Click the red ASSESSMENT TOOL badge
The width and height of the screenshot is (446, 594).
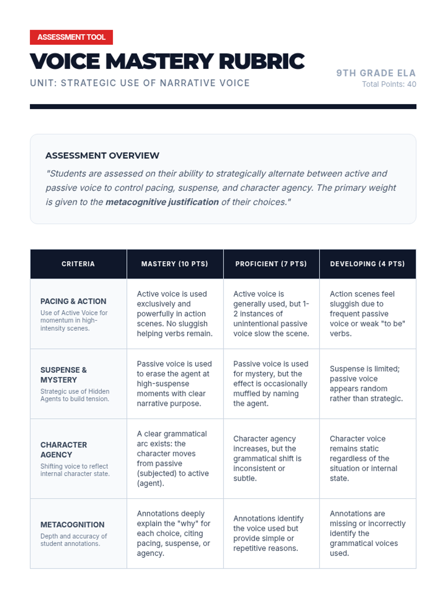click(71, 37)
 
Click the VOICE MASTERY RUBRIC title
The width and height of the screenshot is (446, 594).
click(167, 61)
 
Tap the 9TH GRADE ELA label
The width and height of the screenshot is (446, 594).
click(376, 73)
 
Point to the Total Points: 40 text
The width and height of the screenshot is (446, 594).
click(389, 84)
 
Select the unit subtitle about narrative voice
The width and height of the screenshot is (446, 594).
click(140, 83)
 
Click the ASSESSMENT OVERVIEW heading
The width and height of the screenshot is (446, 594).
click(102, 156)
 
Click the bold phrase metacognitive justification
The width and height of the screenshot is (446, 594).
click(162, 202)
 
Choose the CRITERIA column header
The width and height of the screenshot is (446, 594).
click(78, 264)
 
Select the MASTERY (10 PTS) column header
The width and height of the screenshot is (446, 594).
click(175, 264)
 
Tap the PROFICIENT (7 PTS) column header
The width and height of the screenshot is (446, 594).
click(271, 264)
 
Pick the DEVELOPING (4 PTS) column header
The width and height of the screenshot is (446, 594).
click(367, 264)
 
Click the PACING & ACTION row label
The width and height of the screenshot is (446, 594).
click(73, 301)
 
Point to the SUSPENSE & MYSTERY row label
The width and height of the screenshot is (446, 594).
click(64, 375)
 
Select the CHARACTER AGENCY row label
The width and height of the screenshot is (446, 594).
click(64, 450)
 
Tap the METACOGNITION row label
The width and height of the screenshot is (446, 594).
click(72, 525)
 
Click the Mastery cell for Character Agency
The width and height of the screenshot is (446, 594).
click(173, 458)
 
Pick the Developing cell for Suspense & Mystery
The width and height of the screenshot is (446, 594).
click(366, 384)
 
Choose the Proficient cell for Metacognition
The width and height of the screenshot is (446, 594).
click(268, 533)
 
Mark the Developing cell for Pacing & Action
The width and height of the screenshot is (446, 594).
click(367, 314)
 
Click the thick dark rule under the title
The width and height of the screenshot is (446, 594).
click(223, 107)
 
